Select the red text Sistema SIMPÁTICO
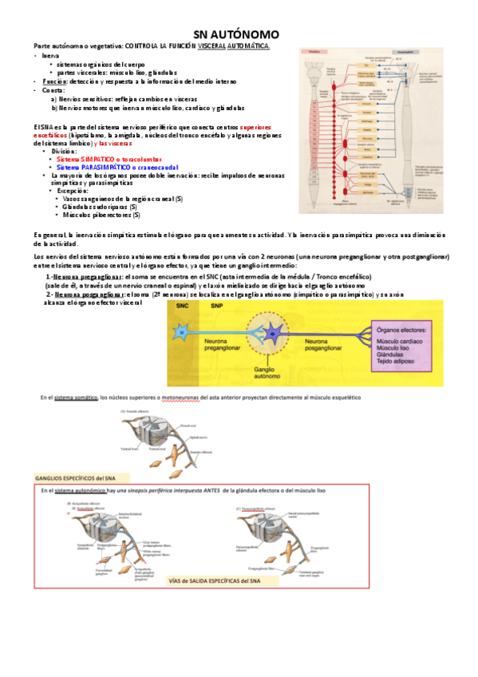pyautogui.click(x=79, y=159)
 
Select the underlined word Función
pyautogui.click(x=53, y=81)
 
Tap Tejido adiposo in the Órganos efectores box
pyautogui.click(x=395, y=362)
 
